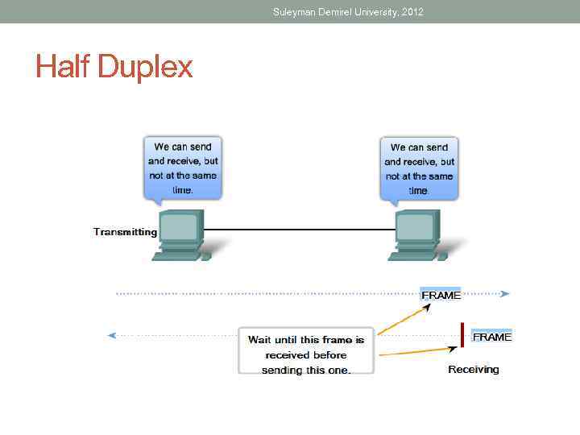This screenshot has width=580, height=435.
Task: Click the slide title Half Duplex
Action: [114, 67]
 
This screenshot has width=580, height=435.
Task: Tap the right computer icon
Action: [417, 234]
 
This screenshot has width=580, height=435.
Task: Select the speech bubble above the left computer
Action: [183, 168]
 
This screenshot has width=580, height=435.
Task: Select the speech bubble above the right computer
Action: [419, 168]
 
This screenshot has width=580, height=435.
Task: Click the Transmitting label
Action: [125, 232]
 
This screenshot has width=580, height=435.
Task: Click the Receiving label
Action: [474, 370]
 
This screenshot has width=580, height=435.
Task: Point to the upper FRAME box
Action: [441, 294]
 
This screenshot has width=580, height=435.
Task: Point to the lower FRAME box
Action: [491, 337]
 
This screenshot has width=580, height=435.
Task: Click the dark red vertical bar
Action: [462, 335]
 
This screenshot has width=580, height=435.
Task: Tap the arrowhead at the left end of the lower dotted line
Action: [113, 334]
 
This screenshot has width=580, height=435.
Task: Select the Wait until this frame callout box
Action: [306, 351]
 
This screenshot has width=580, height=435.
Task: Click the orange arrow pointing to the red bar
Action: [415, 351]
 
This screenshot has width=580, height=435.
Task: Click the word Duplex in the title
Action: [145, 67]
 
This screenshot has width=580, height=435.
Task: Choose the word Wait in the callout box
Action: [264, 340]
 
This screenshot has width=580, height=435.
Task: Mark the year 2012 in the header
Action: [411, 12]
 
